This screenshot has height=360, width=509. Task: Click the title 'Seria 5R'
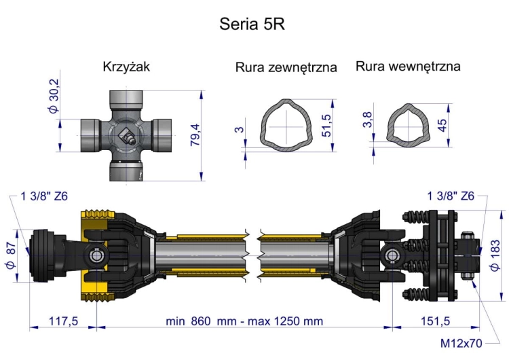pos(252,24)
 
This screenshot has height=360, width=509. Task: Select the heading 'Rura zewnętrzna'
pos(286,67)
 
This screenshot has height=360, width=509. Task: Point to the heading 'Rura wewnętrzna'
pos(408,66)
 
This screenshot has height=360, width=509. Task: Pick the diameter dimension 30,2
pos(54,96)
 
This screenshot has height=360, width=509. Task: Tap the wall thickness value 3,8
pos(367,120)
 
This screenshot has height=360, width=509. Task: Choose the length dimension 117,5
pos(64,320)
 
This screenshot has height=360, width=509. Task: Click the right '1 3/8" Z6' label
pos(451,196)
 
